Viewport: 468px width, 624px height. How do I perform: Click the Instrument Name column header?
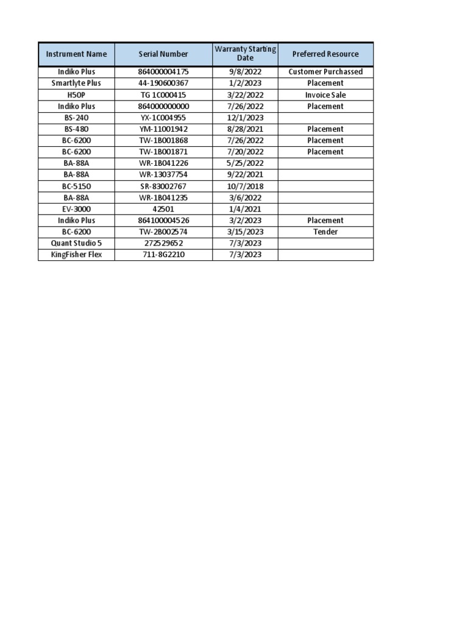(76, 54)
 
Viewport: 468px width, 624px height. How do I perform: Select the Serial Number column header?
(163, 54)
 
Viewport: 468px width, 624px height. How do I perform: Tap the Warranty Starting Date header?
(245, 54)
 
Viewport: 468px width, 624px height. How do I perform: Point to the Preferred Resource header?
(325, 54)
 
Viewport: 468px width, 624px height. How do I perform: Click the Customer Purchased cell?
(325, 72)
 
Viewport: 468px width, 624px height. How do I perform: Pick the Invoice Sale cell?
(325, 95)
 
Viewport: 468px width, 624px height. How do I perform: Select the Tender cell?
(325, 232)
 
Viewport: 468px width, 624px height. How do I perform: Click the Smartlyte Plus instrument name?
(76, 83)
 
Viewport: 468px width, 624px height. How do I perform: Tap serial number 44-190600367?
(163, 83)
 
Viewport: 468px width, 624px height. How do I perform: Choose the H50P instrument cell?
(76, 95)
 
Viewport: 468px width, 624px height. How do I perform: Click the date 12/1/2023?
(245, 118)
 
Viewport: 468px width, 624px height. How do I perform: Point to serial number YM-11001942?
(163, 129)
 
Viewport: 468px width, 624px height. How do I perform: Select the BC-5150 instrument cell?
(76, 186)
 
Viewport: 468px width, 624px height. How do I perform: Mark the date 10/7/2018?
(245, 186)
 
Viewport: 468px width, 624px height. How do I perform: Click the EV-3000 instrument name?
(76, 209)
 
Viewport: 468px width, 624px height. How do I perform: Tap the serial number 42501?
(163, 209)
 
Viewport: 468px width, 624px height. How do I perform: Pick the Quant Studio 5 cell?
(76, 243)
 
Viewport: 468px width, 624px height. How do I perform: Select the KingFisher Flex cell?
(76, 255)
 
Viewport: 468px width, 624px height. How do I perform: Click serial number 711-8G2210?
(163, 255)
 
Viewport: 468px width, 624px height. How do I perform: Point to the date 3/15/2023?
(245, 232)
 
